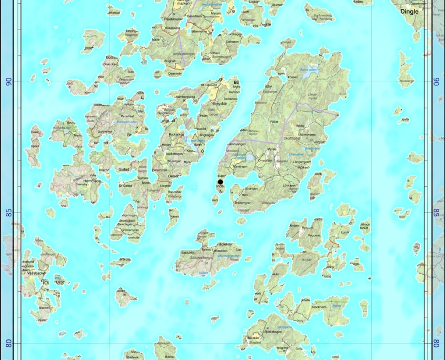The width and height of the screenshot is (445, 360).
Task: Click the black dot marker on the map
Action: [220, 182]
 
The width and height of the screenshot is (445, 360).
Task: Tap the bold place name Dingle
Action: [409, 11]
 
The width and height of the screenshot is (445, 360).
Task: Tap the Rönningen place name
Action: [239, 166]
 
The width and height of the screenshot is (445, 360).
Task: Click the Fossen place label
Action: [293, 77]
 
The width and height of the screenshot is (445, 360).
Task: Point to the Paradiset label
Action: [127, 116]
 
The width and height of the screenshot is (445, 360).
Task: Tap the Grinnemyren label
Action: [130, 230]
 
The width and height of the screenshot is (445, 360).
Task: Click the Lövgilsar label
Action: [320, 142]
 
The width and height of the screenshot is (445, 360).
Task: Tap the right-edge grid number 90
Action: [436, 81]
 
